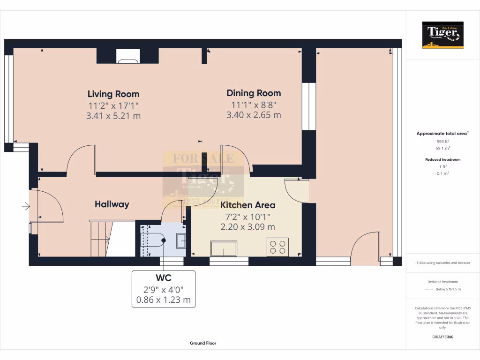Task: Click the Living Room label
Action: tap(113, 94)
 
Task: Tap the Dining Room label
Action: tap(254, 93)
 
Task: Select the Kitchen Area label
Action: tap(248, 205)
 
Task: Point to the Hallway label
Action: tap(112, 204)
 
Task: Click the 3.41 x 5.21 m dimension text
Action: tap(113, 116)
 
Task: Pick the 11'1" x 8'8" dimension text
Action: tap(254, 105)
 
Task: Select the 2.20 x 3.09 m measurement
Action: tap(248, 227)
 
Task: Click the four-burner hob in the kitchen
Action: tap(277, 247)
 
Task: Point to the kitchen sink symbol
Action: tap(224, 248)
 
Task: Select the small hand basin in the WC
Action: tap(181, 241)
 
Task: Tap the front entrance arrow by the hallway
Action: tap(25, 205)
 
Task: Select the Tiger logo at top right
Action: tap(442, 35)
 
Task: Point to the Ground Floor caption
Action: tap(203, 343)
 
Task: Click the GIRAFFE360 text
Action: tap(442, 337)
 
